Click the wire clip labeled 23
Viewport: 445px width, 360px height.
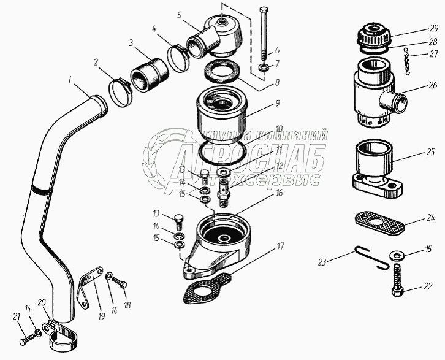point(368,256)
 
